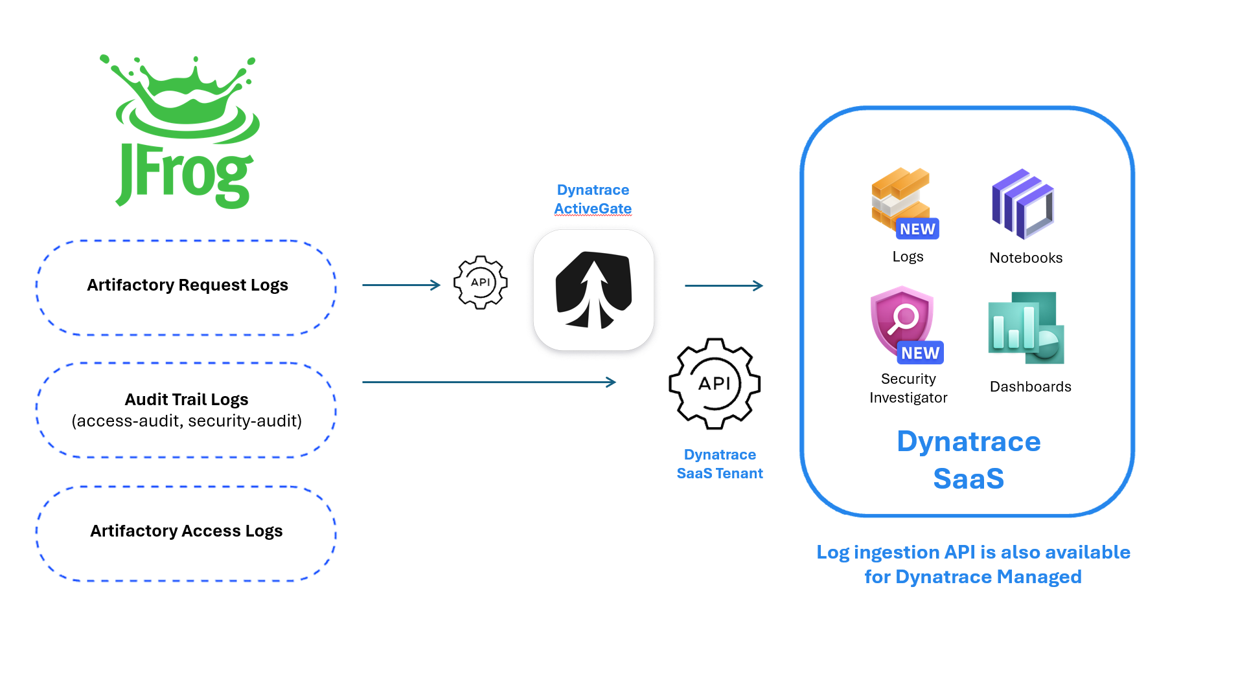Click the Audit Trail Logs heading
tap(187, 399)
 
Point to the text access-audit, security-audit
tap(187, 421)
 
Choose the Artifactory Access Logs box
tap(187, 531)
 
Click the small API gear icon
tap(480, 282)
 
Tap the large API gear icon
tap(715, 384)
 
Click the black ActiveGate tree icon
tap(593, 290)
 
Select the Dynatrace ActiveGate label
tap(593, 199)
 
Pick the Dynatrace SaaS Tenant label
tap(720, 464)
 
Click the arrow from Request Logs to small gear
tap(401, 285)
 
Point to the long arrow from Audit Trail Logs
tap(488, 382)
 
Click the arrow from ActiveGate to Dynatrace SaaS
tap(724, 285)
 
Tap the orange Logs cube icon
tap(899, 197)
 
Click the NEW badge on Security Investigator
tap(920, 353)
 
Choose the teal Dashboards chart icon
tap(1026, 327)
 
